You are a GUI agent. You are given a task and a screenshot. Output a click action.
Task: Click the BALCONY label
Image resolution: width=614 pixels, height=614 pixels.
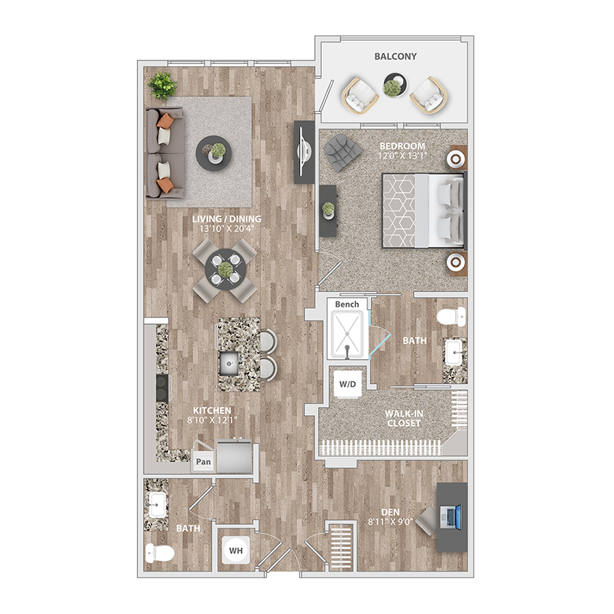click(395, 57)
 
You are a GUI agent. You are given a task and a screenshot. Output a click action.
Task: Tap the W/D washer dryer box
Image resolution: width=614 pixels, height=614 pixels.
click(348, 383)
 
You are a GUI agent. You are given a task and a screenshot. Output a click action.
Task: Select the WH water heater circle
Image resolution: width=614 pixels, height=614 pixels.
click(236, 551)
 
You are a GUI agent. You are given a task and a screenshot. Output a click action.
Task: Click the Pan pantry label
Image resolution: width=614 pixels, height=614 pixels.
click(203, 462)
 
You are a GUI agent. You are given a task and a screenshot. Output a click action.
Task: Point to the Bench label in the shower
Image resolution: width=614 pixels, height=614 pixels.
click(347, 304)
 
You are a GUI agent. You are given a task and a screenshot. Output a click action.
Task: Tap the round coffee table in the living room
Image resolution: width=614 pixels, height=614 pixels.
click(214, 153)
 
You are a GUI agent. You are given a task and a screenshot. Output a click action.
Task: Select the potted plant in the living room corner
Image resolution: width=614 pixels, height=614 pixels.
click(162, 85)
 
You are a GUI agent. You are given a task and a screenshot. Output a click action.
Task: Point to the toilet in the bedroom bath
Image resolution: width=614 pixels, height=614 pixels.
click(452, 317)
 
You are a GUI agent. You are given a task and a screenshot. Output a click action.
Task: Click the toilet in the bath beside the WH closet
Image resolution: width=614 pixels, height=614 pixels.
click(160, 553)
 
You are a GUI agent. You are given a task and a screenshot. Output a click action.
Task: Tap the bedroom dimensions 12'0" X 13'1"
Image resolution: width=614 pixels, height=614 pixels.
click(402, 156)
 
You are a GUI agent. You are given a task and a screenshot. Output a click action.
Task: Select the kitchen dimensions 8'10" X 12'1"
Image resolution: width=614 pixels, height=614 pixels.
click(212, 420)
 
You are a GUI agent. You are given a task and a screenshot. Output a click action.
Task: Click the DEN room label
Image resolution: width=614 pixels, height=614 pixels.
click(390, 512)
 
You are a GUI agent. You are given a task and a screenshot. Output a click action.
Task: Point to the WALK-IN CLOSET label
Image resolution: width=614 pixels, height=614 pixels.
click(404, 419)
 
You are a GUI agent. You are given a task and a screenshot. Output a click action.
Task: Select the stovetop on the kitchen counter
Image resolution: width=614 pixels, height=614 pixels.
click(162, 388)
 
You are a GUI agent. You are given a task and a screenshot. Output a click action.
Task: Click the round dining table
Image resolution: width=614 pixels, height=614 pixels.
click(225, 269)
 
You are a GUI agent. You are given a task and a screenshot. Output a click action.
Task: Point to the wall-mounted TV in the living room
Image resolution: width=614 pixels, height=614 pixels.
click(304, 152)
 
